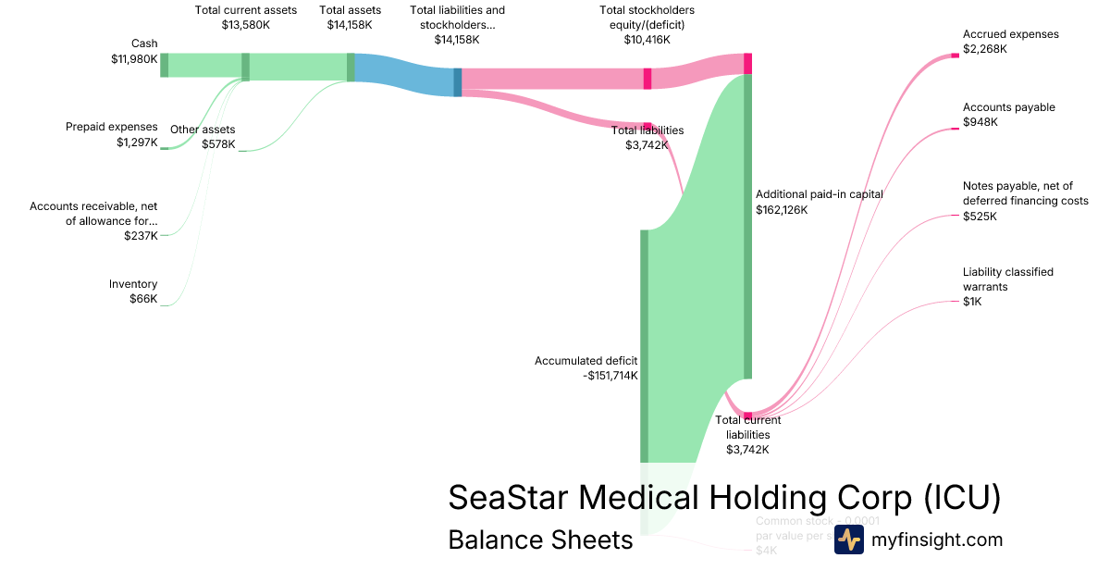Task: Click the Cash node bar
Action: pos(165,65)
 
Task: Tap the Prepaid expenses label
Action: pos(112,127)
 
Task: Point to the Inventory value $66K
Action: pos(143,299)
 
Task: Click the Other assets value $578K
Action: pos(218,144)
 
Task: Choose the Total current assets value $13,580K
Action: pos(246,25)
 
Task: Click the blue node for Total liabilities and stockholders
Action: pos(457,81)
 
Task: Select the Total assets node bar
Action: pos(351,67)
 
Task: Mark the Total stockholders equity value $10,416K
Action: pos(647,40)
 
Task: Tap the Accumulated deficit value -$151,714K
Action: pos(610,376)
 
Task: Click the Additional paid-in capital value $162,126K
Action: pos(782,210)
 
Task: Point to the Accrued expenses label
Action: pos(1011,34)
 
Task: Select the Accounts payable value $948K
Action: pos(980,122)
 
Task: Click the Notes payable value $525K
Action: pos(980,217)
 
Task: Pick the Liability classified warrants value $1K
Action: pos(971,302)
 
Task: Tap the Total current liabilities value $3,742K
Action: pos(747,450)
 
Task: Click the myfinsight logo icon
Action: pos(848,540)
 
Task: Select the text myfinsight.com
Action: pos(937,540)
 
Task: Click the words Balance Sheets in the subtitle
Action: pos(540,540)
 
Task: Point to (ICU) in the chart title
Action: pos(962,497)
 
